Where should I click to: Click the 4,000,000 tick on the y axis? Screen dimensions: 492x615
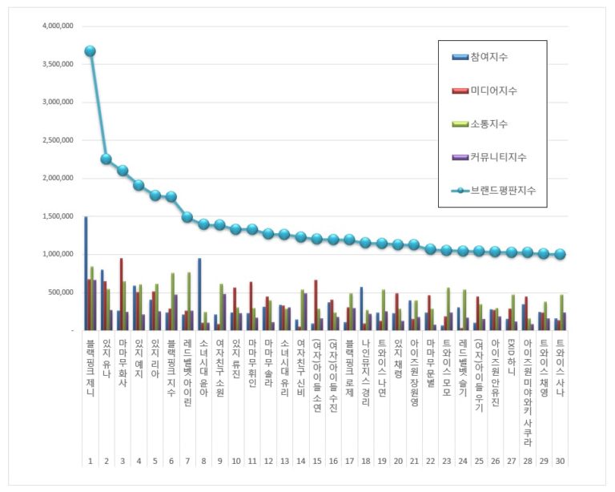point(56,26)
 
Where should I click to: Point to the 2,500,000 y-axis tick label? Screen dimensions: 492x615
point(56,140)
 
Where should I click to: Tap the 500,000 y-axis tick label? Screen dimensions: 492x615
point(59,292)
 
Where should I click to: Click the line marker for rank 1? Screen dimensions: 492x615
point(90,51)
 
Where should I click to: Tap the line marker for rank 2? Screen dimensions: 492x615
point(106,159)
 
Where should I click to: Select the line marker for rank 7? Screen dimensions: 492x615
point(187,217)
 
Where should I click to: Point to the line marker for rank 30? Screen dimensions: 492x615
point(561,254)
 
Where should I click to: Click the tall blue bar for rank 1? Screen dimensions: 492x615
point(86,273)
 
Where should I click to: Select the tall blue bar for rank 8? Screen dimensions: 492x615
point(199,294)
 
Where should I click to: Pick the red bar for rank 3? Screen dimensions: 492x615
point(122,294)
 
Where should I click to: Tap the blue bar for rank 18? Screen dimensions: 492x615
point(362,309)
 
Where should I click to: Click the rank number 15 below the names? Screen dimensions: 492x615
point(316,462)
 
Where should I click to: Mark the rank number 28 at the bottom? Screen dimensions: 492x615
point(528,462)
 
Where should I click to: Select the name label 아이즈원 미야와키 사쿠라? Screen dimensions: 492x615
point(528,393)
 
